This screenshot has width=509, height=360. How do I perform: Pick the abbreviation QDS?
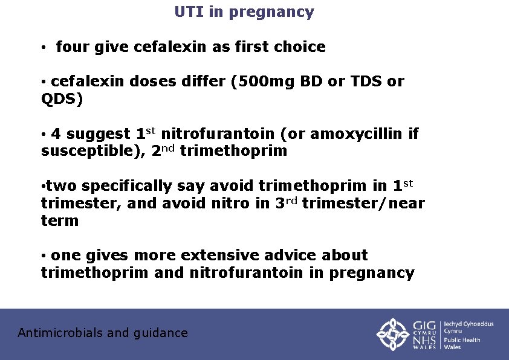(58, 98)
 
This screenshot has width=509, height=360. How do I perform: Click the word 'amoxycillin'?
(354, 134)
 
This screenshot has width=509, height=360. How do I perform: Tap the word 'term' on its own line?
(60, 220)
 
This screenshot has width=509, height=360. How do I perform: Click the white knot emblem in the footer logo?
(393, 334)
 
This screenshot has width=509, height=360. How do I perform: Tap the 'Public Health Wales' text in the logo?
(462, 343)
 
